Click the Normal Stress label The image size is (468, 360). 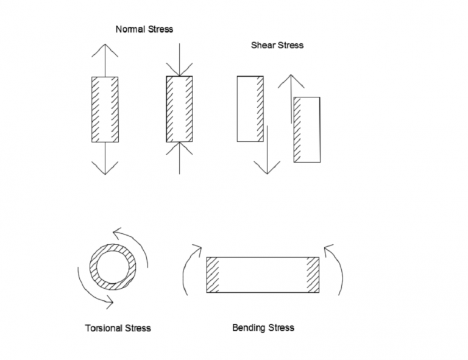click(x=144, y=29)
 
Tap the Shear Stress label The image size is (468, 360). click(x=277, y=45)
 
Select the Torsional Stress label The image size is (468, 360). click(x=118, y=328)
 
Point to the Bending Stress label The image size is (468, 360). click(x=263, y=328)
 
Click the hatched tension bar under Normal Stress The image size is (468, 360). click(x=105, y=110)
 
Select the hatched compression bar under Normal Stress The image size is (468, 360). click(x=179, y=110)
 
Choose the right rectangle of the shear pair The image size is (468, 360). click(x=307, y=129)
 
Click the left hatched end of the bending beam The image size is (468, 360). click(x=213, y=275)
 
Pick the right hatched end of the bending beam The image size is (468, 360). click(x=313, y=275)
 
